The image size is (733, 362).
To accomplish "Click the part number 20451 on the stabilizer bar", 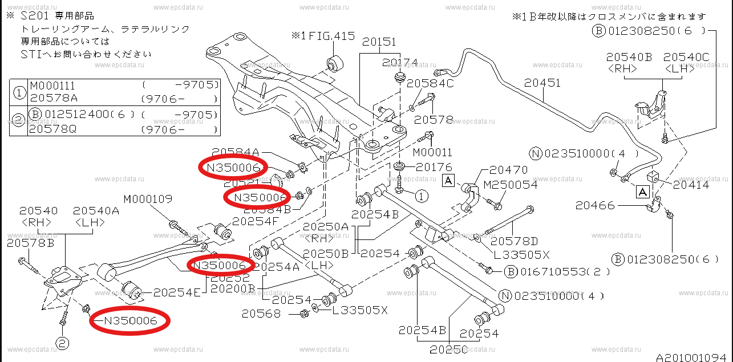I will pyautogui.click(x=542, y=83).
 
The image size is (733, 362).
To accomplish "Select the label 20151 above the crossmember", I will pyautogui.click(x=379, y=42).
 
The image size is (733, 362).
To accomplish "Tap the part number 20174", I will pyautogui.click(x=400, y=63).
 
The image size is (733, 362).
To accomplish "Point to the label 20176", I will pyautogui.click(x=434, y=167).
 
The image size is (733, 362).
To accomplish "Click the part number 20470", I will pyautogui.click(x=508, y=170).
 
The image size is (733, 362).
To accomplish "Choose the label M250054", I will pyautogui.click(x=510, y=185).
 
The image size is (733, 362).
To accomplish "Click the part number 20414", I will pyautogui.click(x=691, y=184).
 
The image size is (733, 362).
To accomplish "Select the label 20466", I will pyautogui.click(x=595, y=205).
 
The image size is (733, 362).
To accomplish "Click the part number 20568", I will pyautogui.click(x=261, y=313).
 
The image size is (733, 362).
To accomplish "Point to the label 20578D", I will pyautogui.click(x=514, y=241).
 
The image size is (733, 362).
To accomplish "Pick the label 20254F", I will pyautogui.click(x=256, y=221).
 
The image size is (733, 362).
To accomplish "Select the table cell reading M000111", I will pyautogui.click(x=52, y=85).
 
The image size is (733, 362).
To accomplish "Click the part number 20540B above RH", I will pyautogui.click(x=629, y=57).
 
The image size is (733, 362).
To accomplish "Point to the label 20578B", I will pyautogui.click(x=31, y=243).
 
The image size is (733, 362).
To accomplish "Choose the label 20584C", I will pyautogui.click(x=431, y=84).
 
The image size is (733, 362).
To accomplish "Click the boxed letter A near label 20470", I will pyautogui.click(x=449, y=181).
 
